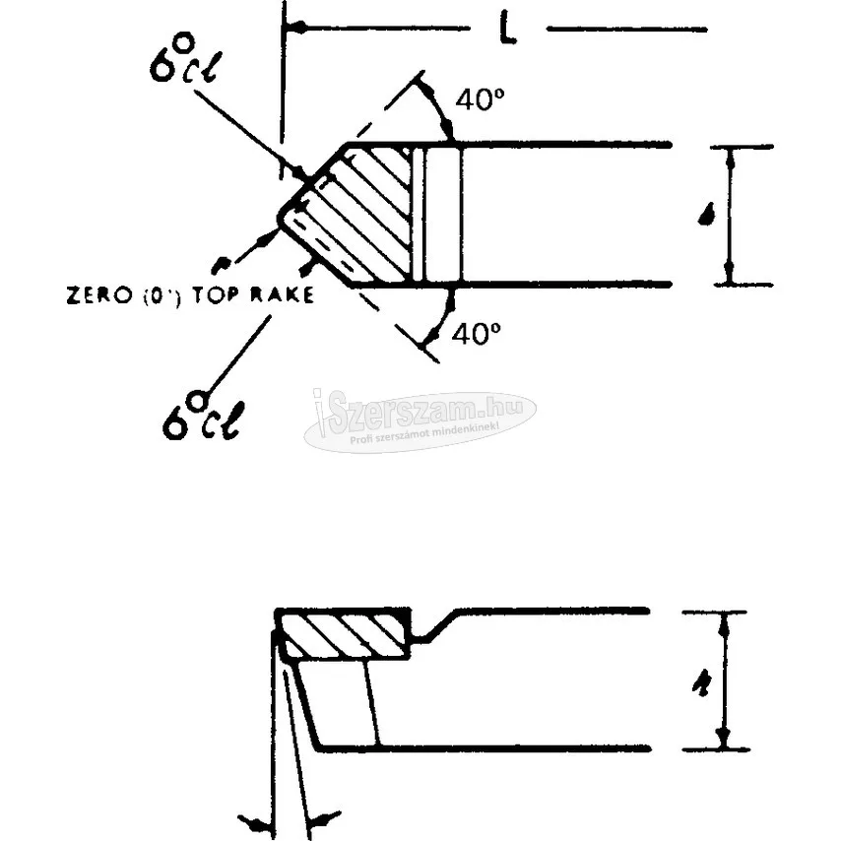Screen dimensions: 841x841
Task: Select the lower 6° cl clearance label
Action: tap(201, 414)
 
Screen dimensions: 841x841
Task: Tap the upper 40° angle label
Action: tap(478, 100)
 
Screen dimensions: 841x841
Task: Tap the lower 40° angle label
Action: tap(477, 335)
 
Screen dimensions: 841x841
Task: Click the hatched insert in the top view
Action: tap(359, 212)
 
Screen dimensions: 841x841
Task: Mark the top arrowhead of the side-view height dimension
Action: tap(725, 620)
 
